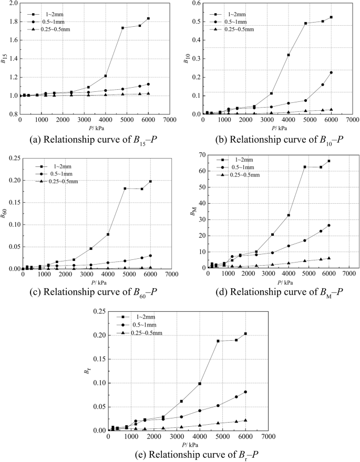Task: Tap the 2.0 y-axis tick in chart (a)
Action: pyautogui.click(x=12, y=3)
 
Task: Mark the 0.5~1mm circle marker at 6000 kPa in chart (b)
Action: pyautogui.click(x=331, y=72)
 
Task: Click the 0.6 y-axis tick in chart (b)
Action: pyautogui.click(x=194, y=3)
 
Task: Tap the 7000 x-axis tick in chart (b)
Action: pyautogui.click(x=352, y=120)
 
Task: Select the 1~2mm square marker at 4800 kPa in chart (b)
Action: pyautogui.click(x=305, y=23)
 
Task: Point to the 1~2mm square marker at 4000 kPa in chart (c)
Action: pyautogui.click(x=108, y=234)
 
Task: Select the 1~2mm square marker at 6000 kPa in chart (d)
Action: pyautogui.click(x=328, y=161)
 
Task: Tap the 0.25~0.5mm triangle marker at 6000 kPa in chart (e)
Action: pyautogui.click(x=245, y=420)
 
